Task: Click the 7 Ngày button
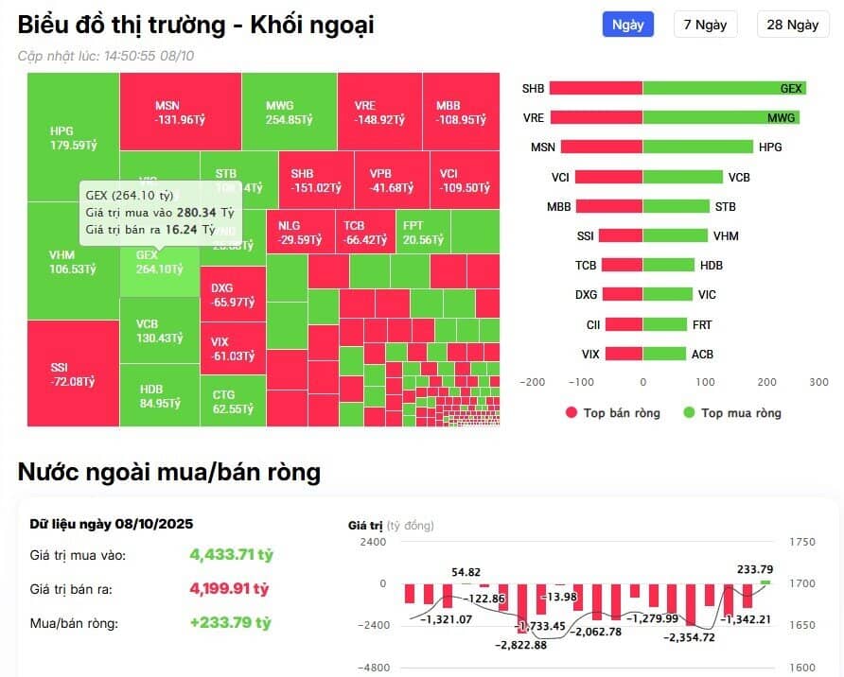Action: pos(705,25)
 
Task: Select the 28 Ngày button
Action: pos(792,25)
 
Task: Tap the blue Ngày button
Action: pos(627,25)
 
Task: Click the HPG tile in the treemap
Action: pos(73,138)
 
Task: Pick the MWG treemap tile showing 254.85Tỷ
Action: pos(289,113)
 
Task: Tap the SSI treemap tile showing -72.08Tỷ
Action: pos(73,373)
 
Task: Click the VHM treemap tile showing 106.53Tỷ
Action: pos(73,263)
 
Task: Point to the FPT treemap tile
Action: pos(422,232)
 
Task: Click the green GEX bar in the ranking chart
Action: pos(724,88)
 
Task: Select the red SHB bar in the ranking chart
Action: pos(596,88)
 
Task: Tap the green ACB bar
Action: pos(664,354)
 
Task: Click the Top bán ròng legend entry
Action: pos(612,412)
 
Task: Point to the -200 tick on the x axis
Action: pos(534,383)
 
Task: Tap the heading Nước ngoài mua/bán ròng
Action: pos(169,472)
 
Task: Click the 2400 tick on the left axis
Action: pos(373,542)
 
